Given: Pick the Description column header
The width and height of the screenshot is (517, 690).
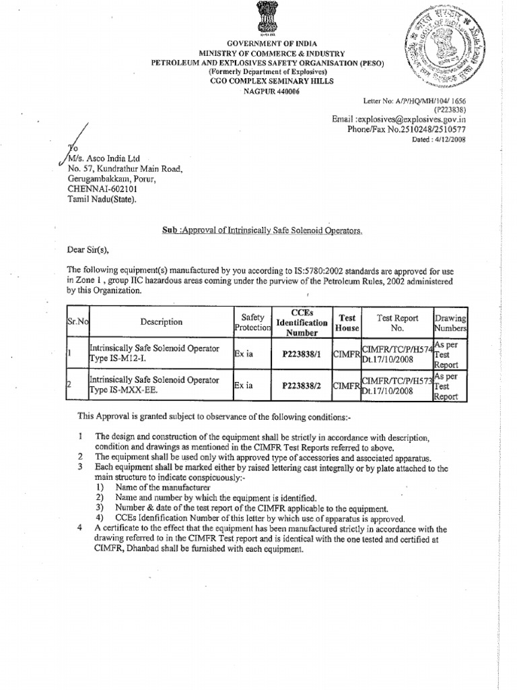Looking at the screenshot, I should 162,322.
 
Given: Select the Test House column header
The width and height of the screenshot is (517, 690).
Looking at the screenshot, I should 347,322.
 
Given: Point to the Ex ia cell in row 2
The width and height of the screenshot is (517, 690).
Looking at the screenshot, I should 244,385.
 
